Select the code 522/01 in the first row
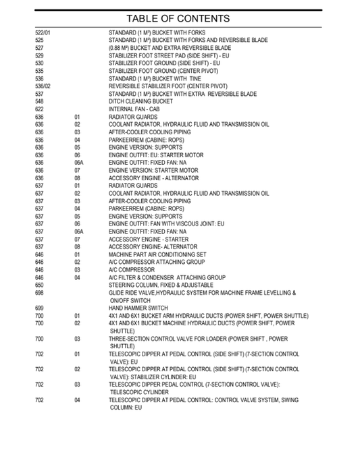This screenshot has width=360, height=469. click(x=43, y=32)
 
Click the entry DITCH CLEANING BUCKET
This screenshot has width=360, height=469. click(x=140, y=101)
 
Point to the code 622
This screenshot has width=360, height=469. click(x=39, y=109)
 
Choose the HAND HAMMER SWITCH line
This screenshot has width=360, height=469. click(x=138, y=308)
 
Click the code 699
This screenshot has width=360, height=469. click(x=39, y=308)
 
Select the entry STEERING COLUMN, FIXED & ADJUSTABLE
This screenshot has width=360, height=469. click(x=160, y=285)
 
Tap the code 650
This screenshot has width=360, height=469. click(x=39, y=285)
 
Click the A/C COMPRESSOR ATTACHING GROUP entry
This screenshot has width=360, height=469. click(x=157, y=262)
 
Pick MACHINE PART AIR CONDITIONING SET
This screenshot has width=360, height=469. click(x=157, y=254)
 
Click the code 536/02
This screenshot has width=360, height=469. click(x=43, y=86)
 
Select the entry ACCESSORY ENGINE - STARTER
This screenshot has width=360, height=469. click(x=149, y=239)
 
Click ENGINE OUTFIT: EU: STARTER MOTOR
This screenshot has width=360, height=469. click(x=156, y=155)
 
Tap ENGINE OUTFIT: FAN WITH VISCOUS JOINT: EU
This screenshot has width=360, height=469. click(x=166, y=223)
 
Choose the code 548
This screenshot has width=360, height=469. click(x=39, y=101)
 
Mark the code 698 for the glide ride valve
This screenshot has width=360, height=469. click(x=39, y=293)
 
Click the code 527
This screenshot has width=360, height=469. click(x=39, y=48)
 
